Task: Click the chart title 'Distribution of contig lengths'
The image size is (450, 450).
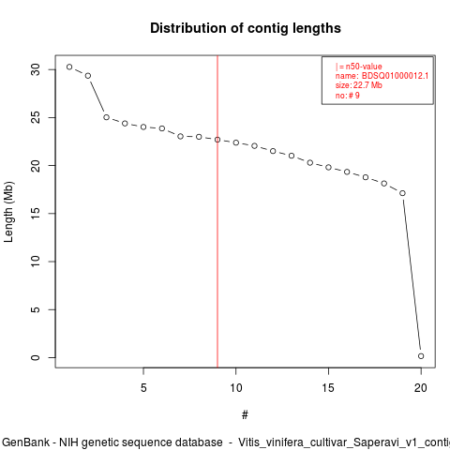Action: tap(246, 28)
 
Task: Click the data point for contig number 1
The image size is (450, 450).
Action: tap(69, 67)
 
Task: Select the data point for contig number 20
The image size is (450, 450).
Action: tap(421, 356)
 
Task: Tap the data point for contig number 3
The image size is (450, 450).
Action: tap(106, 117)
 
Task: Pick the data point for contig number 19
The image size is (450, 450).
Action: tap(402, 193)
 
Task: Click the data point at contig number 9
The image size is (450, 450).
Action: tap(217, 140)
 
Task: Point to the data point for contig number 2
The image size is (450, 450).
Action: tap(88, 76)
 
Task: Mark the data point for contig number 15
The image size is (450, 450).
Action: tap(328, 167)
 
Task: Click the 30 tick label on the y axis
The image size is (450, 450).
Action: tap(36, 69)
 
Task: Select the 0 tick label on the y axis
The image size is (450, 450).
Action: tap(36, 357)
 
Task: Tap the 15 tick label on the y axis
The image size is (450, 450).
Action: tap(36, 214)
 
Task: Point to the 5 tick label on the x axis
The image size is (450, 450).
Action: tap(143, 388)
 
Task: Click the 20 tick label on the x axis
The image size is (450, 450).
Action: tap(421, 388)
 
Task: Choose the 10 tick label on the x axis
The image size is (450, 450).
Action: tap(236, 388)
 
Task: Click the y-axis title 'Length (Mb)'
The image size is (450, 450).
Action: tap(8, 212)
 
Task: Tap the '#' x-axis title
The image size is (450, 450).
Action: tap(245, 415)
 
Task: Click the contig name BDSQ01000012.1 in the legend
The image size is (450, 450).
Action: tap(395, 76)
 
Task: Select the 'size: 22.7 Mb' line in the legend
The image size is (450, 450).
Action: tap(359, 85)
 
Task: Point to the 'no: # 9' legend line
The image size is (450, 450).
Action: tap(348, 96)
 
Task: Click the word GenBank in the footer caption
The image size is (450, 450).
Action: tap(25, 442)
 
